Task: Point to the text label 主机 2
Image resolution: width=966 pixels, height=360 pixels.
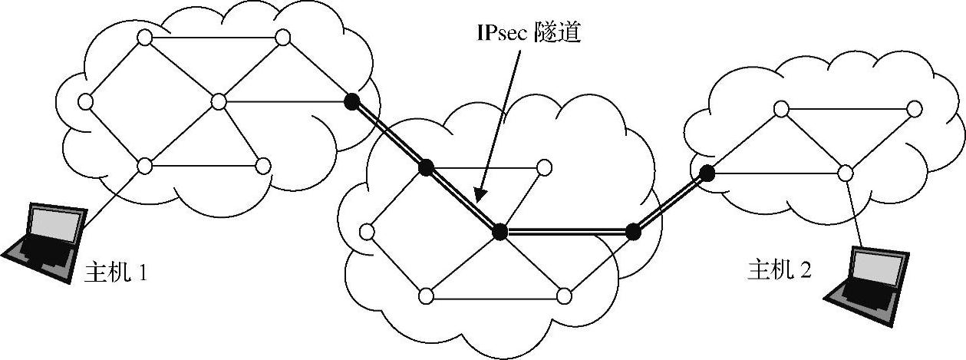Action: point(780,270)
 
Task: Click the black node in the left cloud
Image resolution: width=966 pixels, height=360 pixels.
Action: point(351,101)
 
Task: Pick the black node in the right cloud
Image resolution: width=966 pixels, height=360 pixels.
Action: point(707,173)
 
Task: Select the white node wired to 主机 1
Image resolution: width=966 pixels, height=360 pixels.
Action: point(143,165)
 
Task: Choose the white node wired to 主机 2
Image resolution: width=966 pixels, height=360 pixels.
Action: point(845,173)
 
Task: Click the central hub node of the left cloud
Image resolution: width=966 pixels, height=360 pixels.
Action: point(219,101)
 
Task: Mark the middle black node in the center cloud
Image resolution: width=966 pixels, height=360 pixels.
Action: point(499,230)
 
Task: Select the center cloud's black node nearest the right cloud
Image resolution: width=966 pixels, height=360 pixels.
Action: point(633,230)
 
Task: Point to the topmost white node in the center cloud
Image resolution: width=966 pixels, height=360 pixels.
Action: point(545,166)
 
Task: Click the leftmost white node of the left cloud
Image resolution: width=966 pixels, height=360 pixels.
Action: point(85,101)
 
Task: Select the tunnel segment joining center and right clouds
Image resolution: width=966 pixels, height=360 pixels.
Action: point(670,202)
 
